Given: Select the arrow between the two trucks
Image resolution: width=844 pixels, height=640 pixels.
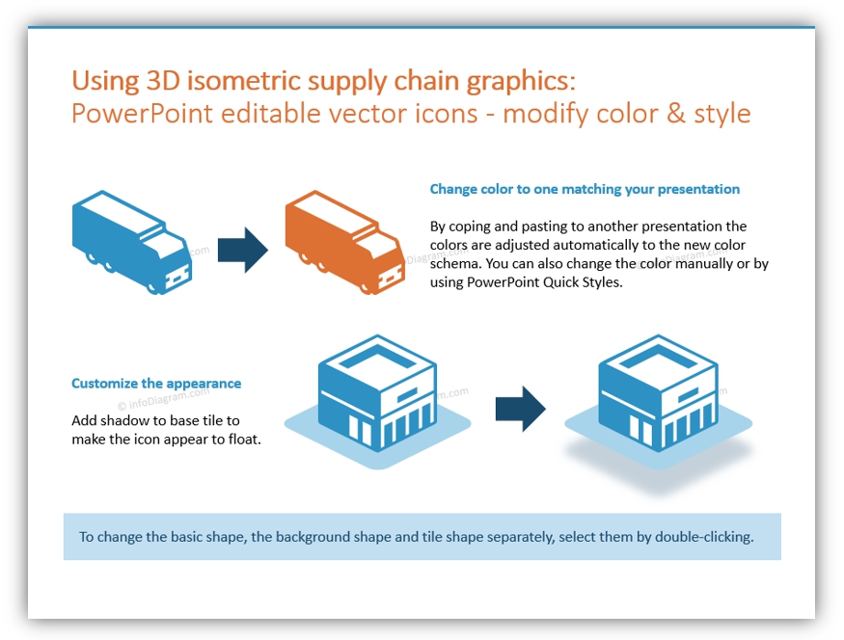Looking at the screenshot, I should tap(242, 250).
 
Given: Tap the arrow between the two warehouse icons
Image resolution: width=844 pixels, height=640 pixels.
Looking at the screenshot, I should tap(520, 409).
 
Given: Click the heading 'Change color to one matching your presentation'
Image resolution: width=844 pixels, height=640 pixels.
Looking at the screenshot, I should tap(585, 189).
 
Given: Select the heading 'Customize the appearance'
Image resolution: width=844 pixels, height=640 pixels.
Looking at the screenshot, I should tap(156, 383).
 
